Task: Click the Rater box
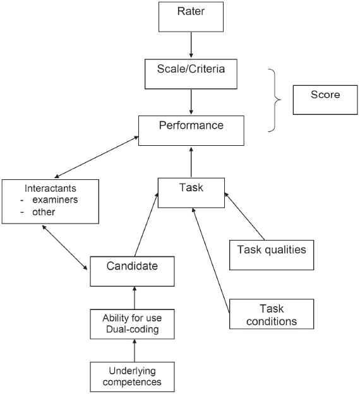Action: [191, 17]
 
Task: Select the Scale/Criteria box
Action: [191, 74]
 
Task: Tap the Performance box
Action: [191, 131]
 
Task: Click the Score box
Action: [325, 100]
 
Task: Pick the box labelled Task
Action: [191, 193]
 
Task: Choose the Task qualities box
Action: [272, 255]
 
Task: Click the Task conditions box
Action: [272, 314]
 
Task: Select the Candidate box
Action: [132, 272]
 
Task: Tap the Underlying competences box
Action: [132, 377]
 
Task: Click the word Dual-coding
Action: [132, 329]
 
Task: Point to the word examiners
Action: [55, 200]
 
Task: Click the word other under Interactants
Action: [44, 212]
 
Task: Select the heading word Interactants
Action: [51, 188]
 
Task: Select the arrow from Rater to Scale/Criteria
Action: [191, 45]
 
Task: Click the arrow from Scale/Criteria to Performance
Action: [191, 102]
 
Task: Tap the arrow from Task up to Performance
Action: [191, 162]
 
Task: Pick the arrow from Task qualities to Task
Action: [244, 216]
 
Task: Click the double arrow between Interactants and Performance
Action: [97, 157]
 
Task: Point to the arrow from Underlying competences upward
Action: [135, 350]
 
